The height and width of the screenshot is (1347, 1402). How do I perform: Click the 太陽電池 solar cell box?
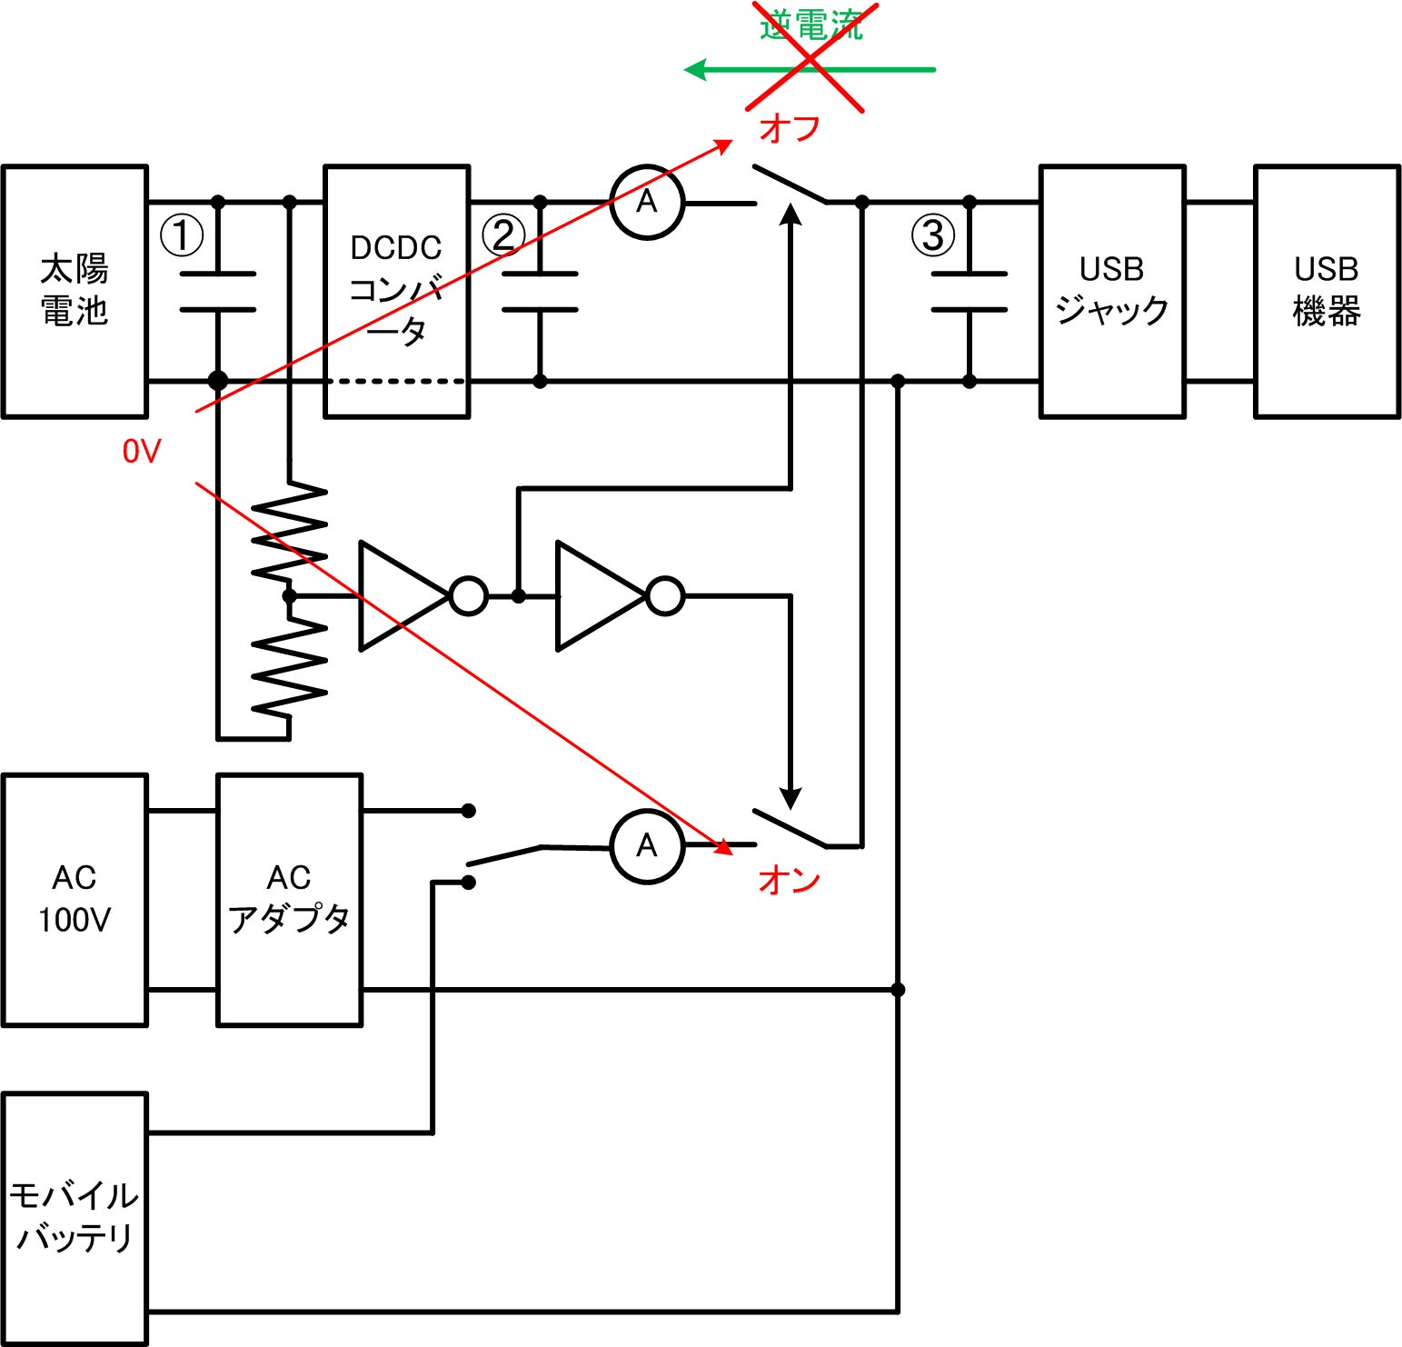coord(75,291)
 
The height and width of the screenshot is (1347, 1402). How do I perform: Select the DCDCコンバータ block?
coord(397,291)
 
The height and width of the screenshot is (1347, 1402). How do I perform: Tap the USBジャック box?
coord(1112,291)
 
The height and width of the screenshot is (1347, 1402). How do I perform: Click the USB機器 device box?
coord(1327,291)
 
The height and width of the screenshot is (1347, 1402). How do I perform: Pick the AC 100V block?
coord(75,900)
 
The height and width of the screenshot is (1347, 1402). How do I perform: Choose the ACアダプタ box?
coord(289,900)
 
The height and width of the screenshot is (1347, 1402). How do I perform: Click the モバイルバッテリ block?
coord(75,1218)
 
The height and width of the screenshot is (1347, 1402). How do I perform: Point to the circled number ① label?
coord(182,235)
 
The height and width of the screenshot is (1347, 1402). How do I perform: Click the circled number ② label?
coord(503,235)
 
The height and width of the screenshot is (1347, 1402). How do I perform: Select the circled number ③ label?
coord(933,235)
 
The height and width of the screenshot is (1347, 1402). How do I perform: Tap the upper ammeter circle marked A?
coord(647,202)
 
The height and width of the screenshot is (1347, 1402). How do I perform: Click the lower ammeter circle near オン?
coord(647,846)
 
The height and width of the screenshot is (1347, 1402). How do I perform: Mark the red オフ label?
coord(790,129)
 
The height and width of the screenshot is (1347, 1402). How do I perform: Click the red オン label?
coord(790,880)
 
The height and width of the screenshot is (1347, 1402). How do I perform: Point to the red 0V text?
coord(142,451)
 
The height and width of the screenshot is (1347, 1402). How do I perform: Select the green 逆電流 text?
coord(810,25)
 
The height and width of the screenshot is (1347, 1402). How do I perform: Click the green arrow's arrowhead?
coord(696,70)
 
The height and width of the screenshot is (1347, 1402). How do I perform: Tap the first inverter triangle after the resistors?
coord(400,596)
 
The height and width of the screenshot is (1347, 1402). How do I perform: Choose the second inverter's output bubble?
coord(665,596)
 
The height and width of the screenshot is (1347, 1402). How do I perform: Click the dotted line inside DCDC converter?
coord(397,382)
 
